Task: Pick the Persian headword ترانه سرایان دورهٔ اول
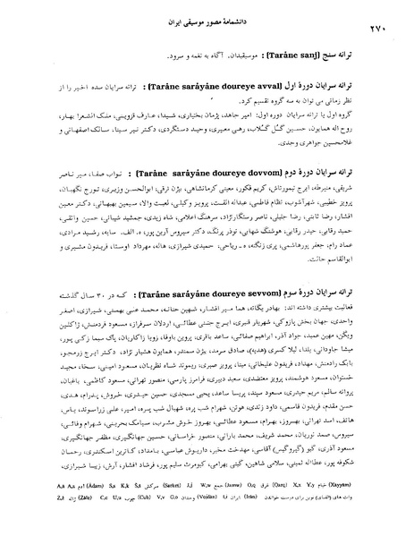click(x=341, y=92)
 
